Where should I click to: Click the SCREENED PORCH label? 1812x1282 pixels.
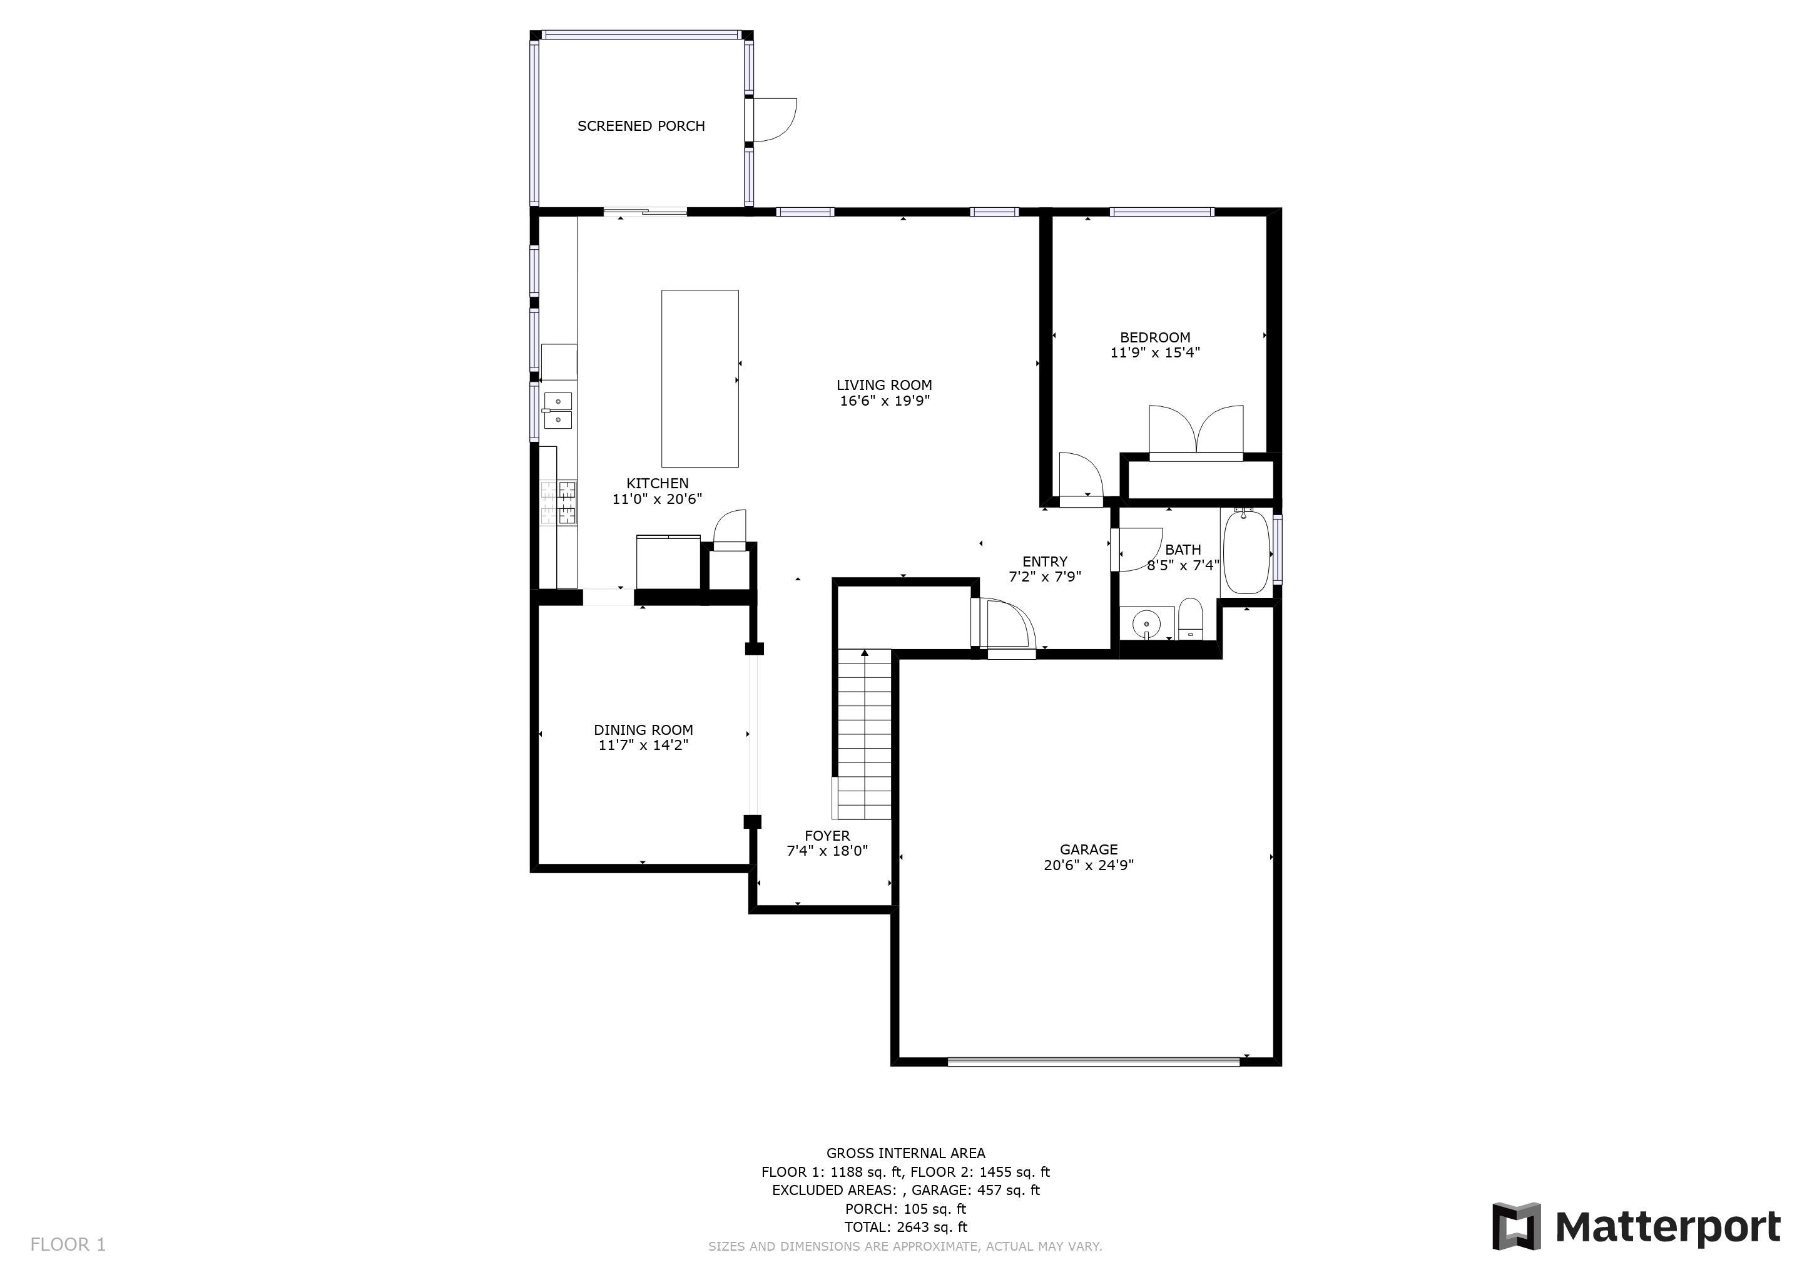(x=641, y=126)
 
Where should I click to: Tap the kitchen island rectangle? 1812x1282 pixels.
(x=700, y=378)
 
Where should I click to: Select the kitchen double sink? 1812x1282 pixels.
(x=558, y=411)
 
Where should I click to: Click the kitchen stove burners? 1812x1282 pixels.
(x=559, y=503)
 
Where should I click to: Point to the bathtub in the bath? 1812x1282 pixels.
(x=1246, y=553)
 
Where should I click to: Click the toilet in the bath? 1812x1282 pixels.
(x=1190, y=619)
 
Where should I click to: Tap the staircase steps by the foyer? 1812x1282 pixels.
(x=864, y=734)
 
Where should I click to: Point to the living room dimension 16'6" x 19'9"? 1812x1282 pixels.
(x=885, y=401)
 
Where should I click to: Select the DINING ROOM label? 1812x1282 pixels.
(x=643, y=731)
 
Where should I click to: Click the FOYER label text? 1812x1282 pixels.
(x=827, y=836)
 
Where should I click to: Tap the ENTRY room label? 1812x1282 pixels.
(x=1045, y=562)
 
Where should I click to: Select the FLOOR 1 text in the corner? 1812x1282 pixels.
(x=68, y=1245)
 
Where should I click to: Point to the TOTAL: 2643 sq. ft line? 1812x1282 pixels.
(x=906, y=1228)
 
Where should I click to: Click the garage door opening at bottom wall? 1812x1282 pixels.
(x=1093, y=1062)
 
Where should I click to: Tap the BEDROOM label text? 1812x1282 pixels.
(x=1154, y=338)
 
